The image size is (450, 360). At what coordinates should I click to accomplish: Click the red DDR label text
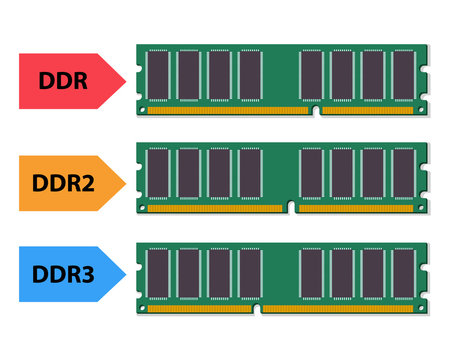63,80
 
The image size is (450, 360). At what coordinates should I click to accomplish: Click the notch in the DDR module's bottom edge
316,109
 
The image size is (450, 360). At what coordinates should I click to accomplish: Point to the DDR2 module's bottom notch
291,207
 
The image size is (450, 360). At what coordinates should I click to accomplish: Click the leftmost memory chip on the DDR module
158,75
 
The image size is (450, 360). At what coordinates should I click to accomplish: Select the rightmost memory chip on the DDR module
403,75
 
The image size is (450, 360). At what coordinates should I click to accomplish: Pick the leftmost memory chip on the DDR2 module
158,173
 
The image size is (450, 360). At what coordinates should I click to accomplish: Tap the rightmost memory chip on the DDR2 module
403,173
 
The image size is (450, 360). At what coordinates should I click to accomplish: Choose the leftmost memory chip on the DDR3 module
158,272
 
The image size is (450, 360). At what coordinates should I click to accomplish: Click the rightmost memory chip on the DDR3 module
403,272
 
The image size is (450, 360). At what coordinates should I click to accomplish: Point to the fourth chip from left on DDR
250,75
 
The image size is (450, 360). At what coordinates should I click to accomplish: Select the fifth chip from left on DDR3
311,272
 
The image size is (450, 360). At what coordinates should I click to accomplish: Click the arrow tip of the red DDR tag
125,80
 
